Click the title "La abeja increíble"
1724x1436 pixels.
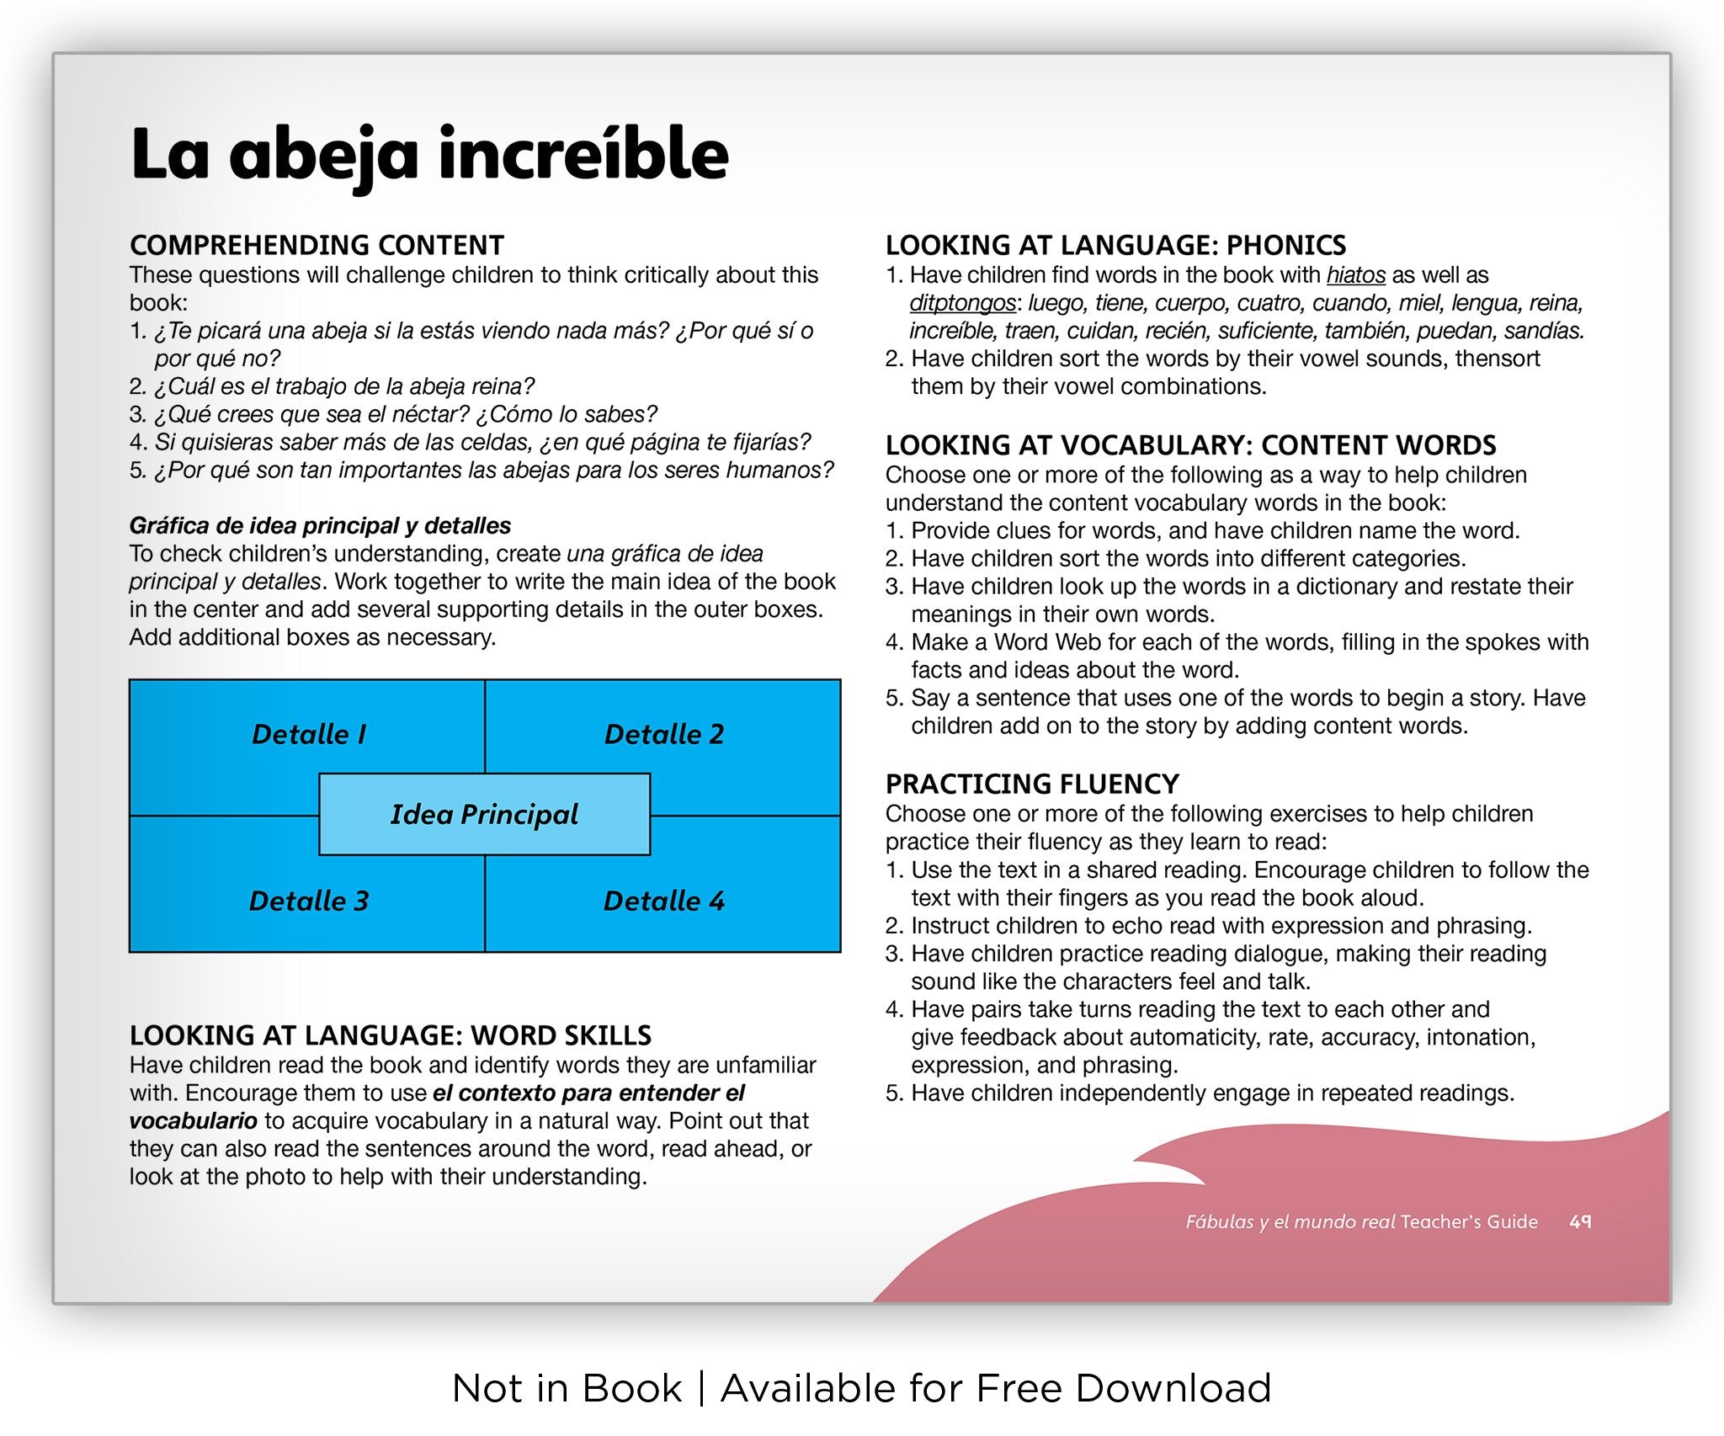click(x=429, y=155)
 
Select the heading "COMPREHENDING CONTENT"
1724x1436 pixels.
click(x=317, y=245)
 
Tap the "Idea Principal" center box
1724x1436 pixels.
click(x=484, y=814)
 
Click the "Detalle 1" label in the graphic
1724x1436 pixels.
click(x=309, y=734)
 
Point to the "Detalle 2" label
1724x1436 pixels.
click(x=664, y=734)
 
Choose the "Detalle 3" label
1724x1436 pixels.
click(x=309, y=901)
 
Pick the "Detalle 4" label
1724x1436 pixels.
click(x=664, y=901)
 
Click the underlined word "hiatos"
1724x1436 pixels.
click(x=1355, y=275)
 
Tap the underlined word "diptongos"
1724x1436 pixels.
click(x=962, y=303)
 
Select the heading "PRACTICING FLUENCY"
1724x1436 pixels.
click(x=1032, y=784)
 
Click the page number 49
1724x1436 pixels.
click(x=1580, y=1221)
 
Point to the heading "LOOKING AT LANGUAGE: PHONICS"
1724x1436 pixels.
click(x=1115, y=245)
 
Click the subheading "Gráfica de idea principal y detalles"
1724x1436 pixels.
click(x=320, y=525)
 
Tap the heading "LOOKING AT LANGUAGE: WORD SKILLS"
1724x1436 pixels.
click(x=391, y=1034)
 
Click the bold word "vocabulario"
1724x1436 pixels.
click(x=193, y=1121)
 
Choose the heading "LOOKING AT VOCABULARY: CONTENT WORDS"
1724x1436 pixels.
click(x=1190, y=444)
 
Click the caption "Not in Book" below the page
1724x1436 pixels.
click(x=567, y=1388)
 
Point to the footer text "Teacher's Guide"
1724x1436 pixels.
click(x=1469, y=1221)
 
